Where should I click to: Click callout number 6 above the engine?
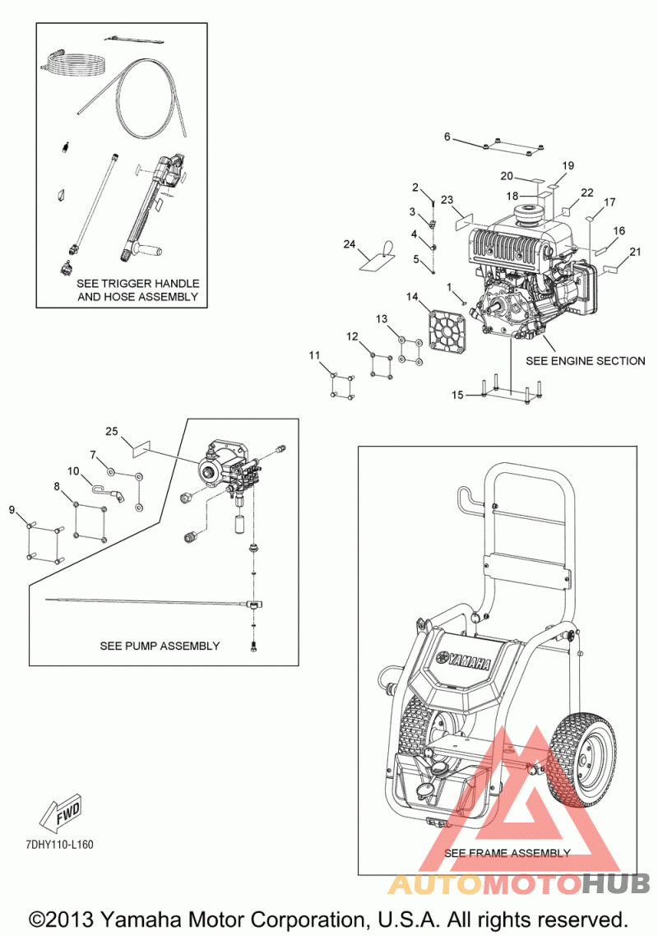tap(447, 137)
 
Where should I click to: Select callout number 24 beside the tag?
tap(349, 244)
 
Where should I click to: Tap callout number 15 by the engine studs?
tap(457, 395)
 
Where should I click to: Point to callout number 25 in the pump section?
tap(113, 431)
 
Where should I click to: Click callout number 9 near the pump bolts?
tap(12, 510)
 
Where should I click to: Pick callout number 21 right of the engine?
tap(634, 252)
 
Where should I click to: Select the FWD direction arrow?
tap(63, 814)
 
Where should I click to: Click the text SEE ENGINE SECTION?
tap(585, 360)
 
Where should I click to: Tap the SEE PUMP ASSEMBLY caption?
tap(160, 646)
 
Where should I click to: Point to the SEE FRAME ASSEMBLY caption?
tap(507, 853)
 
